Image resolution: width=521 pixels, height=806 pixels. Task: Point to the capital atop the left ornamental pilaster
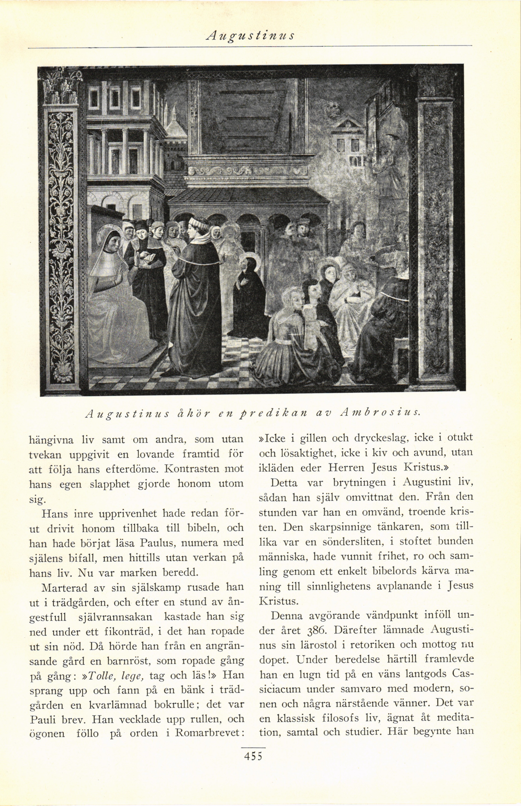(x=60, y=86)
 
